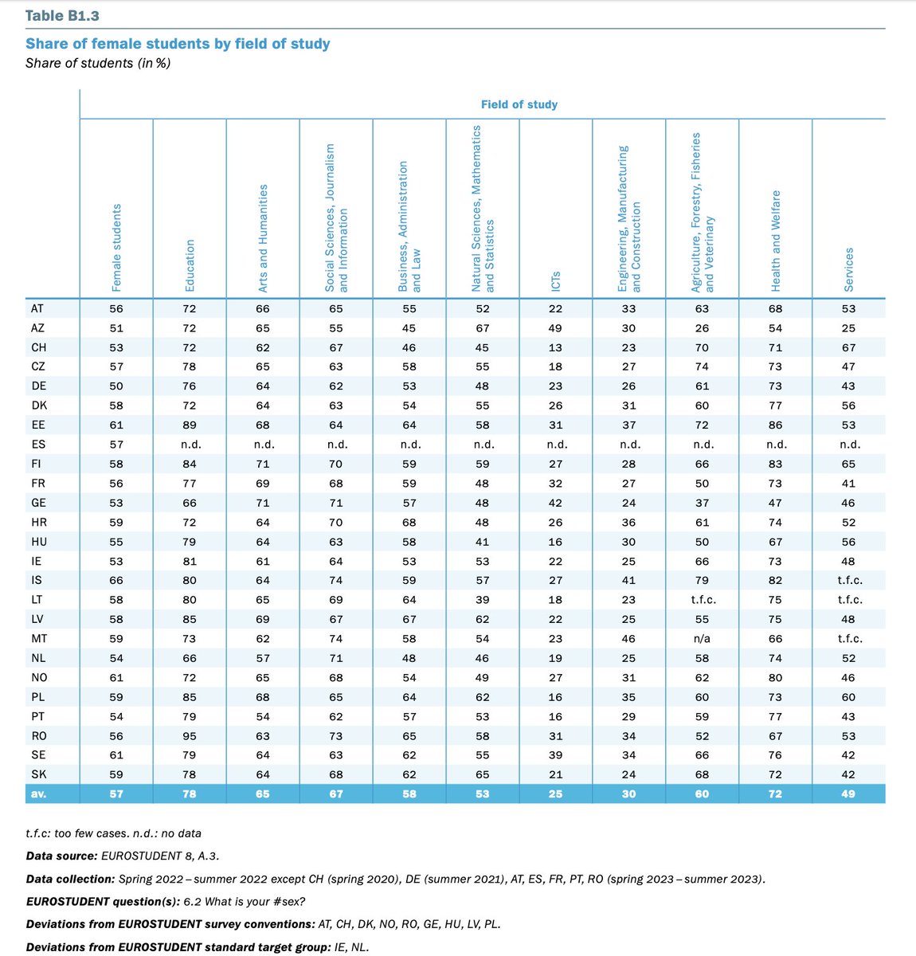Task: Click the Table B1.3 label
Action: click(x=62, y=16)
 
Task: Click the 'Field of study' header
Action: click(x=519, y=104)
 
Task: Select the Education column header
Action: click(x=190, y=265)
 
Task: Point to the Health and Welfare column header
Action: click(x=776, y=241)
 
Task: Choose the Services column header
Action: click(x=849, y=269)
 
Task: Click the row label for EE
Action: click(x=38, y=425)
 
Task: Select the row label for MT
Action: click(x=38, y=638)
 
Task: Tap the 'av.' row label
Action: click(x=38, y=793)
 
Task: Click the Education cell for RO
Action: click(x=190, y=735)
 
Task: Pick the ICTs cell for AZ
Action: click(x=556, y=328)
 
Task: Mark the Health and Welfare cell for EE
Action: click(x=776, y=425)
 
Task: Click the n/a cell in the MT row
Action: click(x=702, y=638)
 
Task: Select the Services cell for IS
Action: click(x=849, y=580)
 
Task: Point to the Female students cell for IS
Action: click(x=117, y=580)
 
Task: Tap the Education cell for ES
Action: click(x=190, y=445)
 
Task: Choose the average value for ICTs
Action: click(x=556, y=793)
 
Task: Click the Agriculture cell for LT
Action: click(x=702, y=600)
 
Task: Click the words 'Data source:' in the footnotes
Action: click(x=63, y=856)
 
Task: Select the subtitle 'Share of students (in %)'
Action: click(x=98, y=63)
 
